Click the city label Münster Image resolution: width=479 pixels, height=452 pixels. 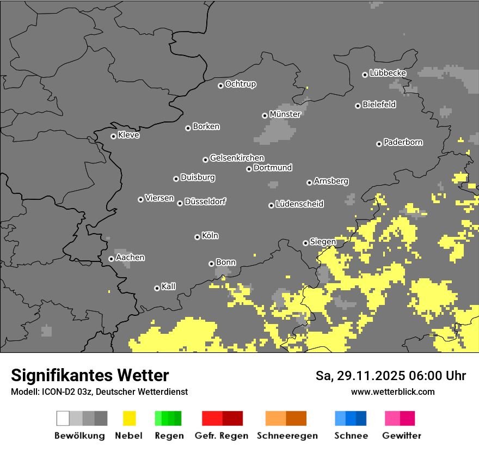pos(285,114)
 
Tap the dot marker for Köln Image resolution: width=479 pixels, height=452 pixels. pos(197,237)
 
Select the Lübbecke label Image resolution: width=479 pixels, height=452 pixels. pos(388,73)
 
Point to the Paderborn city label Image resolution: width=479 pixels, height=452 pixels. pos(403,143)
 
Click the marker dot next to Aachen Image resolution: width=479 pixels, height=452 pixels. pos(111,259)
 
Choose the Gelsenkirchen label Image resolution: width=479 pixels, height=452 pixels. pos(237,158)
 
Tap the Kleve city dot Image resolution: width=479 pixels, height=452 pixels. pos(113,136)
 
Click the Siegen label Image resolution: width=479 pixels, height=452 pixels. pos(323,242)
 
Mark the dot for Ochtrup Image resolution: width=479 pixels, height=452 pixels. pos(220,85)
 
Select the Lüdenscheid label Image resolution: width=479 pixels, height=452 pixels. pos(299,204)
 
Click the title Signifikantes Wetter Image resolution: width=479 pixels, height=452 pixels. pos(90,376)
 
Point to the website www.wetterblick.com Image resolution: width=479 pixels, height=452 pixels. pos(392,392)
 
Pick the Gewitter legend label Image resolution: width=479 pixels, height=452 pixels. pos(401,436)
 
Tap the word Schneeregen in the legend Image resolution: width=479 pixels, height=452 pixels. pos(287,436)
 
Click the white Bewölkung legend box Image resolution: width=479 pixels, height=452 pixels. pos(63,418)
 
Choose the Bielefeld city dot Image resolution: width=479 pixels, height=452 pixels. pos(358,106)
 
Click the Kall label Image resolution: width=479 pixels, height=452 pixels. pos(169,286)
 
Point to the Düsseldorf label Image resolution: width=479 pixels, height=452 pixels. pos(205,201)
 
